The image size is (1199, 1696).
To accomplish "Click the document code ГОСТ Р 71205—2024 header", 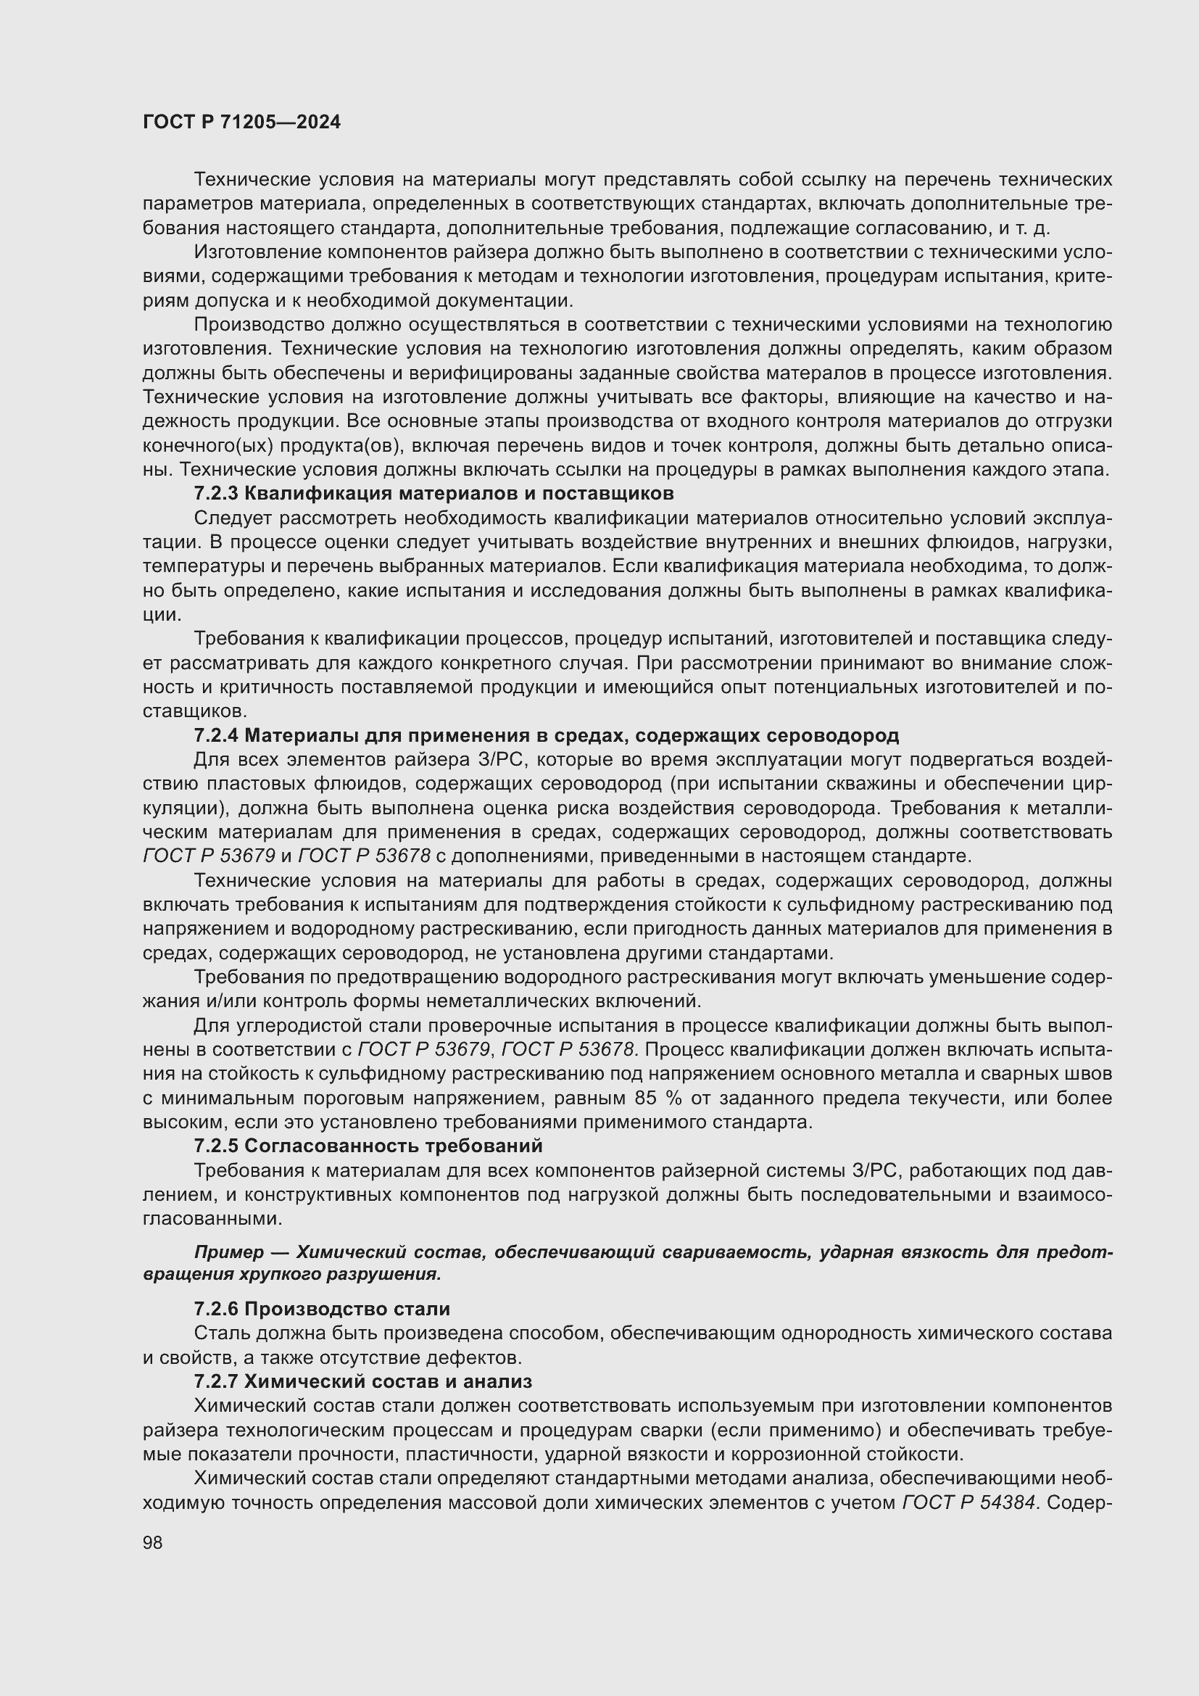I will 241,123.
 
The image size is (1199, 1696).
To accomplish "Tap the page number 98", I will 153,1542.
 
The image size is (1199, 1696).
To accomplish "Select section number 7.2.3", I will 216,492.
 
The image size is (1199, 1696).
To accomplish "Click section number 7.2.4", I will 216,735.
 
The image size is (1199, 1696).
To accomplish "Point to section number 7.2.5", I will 216,1146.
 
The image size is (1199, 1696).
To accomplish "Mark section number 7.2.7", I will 216,1381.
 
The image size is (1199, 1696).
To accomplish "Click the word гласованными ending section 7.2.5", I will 212,1218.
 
